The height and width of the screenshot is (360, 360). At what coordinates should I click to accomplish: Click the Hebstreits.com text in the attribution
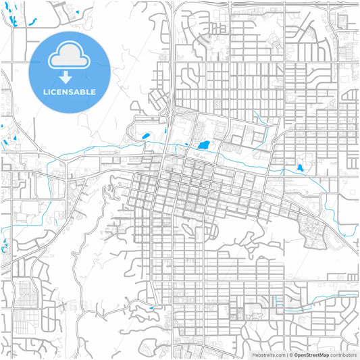[269, 355]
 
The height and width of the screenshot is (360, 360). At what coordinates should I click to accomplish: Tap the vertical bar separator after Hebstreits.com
[286, 355]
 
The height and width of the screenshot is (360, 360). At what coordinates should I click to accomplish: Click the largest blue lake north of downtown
[202, 145]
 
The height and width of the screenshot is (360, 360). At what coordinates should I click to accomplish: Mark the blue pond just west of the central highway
[145, 137]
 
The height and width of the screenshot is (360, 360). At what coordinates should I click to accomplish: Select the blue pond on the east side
[300, 168]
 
